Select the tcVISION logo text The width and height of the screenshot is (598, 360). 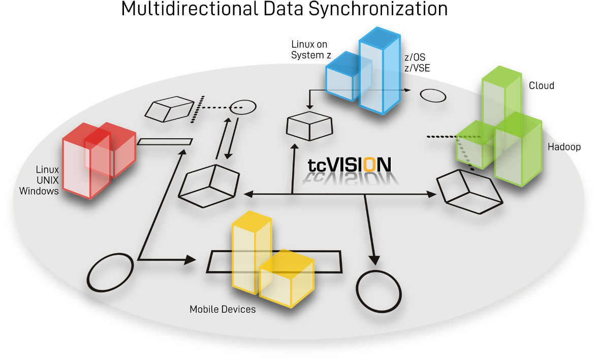click(x=350, y=165)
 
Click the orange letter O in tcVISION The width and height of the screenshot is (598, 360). click(x=371, y=165)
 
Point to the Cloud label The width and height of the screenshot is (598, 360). click(x=541, y=85)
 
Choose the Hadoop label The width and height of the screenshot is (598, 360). click(x=564, y=147)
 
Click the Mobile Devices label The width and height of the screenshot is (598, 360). click(x=223, y=309)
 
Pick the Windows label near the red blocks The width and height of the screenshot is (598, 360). click(x=39, y=191)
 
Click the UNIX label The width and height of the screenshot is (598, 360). click(x=47, y=181)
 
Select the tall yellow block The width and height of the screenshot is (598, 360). click(x=250, y=249)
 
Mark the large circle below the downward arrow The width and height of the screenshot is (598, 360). click(x=379, y=290)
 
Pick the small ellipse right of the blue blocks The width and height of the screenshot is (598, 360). click(x=433, y=96)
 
